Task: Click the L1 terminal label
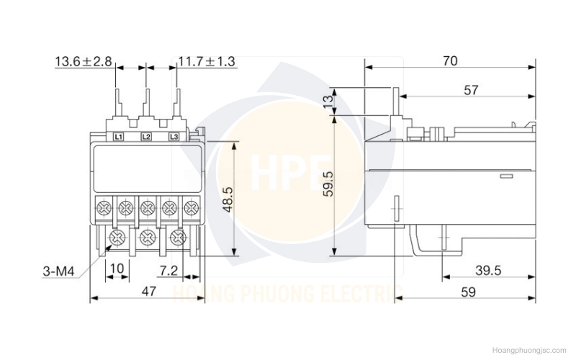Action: tap(118, 137)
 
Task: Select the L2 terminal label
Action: tap(146, 137)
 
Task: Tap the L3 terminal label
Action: tap(174, 137)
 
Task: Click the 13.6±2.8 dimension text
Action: tap(84, 61)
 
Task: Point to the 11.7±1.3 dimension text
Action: tap(207, 61)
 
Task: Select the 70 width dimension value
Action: tap(450, 60)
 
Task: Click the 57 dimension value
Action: tap(472, 90)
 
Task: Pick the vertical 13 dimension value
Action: tap(329, 99)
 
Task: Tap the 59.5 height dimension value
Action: tap(329, 184)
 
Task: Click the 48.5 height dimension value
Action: tap(228, 199)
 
